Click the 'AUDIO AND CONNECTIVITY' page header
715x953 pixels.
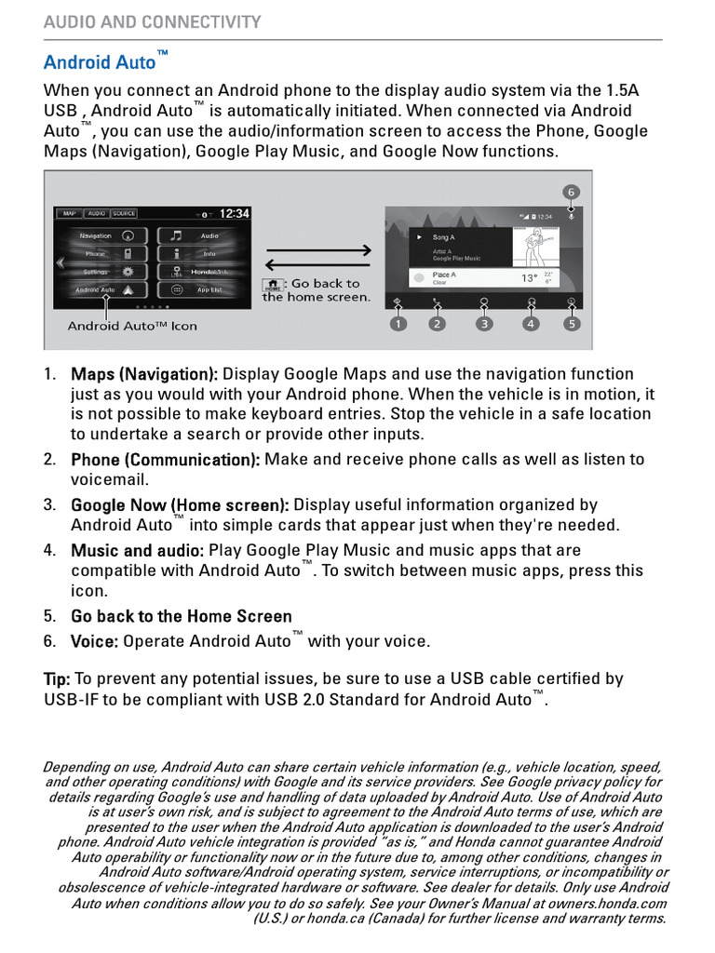pyautogui.click(x=153, y=22)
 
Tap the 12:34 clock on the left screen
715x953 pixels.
pyautogui.click(x=234, y=214)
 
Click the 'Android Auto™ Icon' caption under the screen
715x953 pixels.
pyautogui.click(x=132, y=326)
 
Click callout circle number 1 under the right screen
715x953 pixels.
pyautogui.click(x=398, y=324)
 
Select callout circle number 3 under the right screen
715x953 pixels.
pyautogui.click(x=484, y=324)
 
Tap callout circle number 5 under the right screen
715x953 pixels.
pyautogui.click(x=571, y=324)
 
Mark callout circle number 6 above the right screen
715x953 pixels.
pyautogui.click(x=571, y=192)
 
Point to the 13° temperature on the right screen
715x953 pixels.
pyautogui.click(x=529, y=278)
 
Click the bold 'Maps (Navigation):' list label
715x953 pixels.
pyautogui.click(x=144, y=374)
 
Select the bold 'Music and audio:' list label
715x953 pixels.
pyautogui.click(x=137, y=550)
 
